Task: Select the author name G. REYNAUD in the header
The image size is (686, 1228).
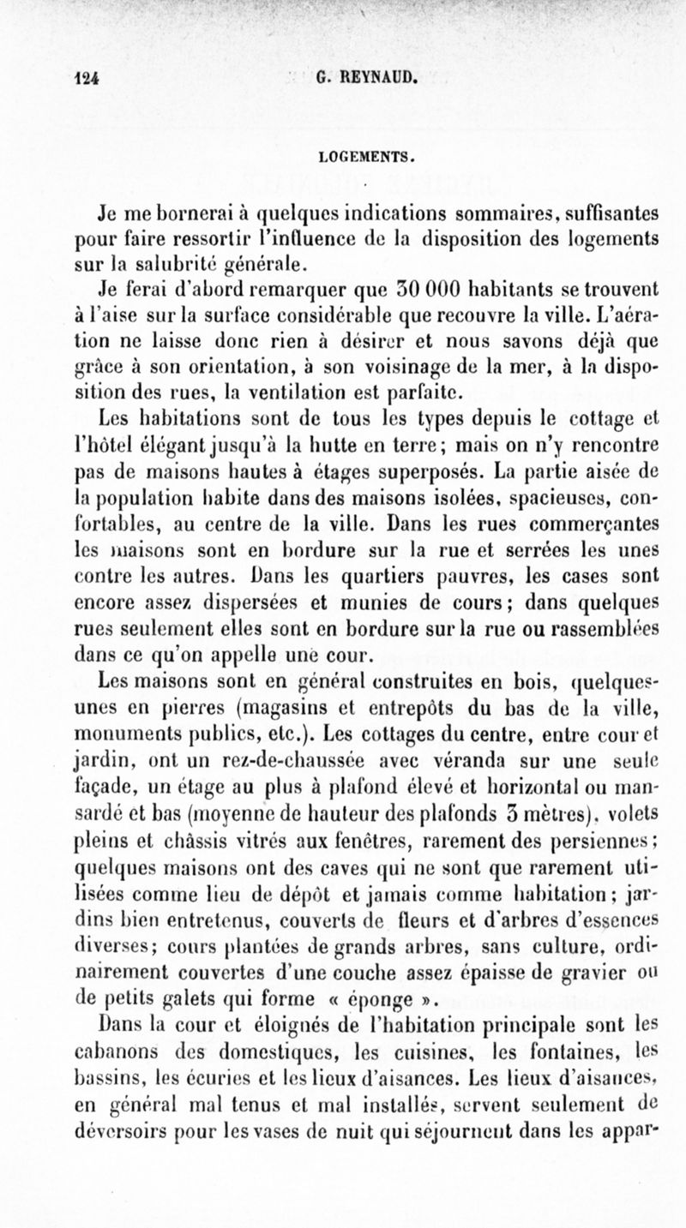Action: pos(366,80)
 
